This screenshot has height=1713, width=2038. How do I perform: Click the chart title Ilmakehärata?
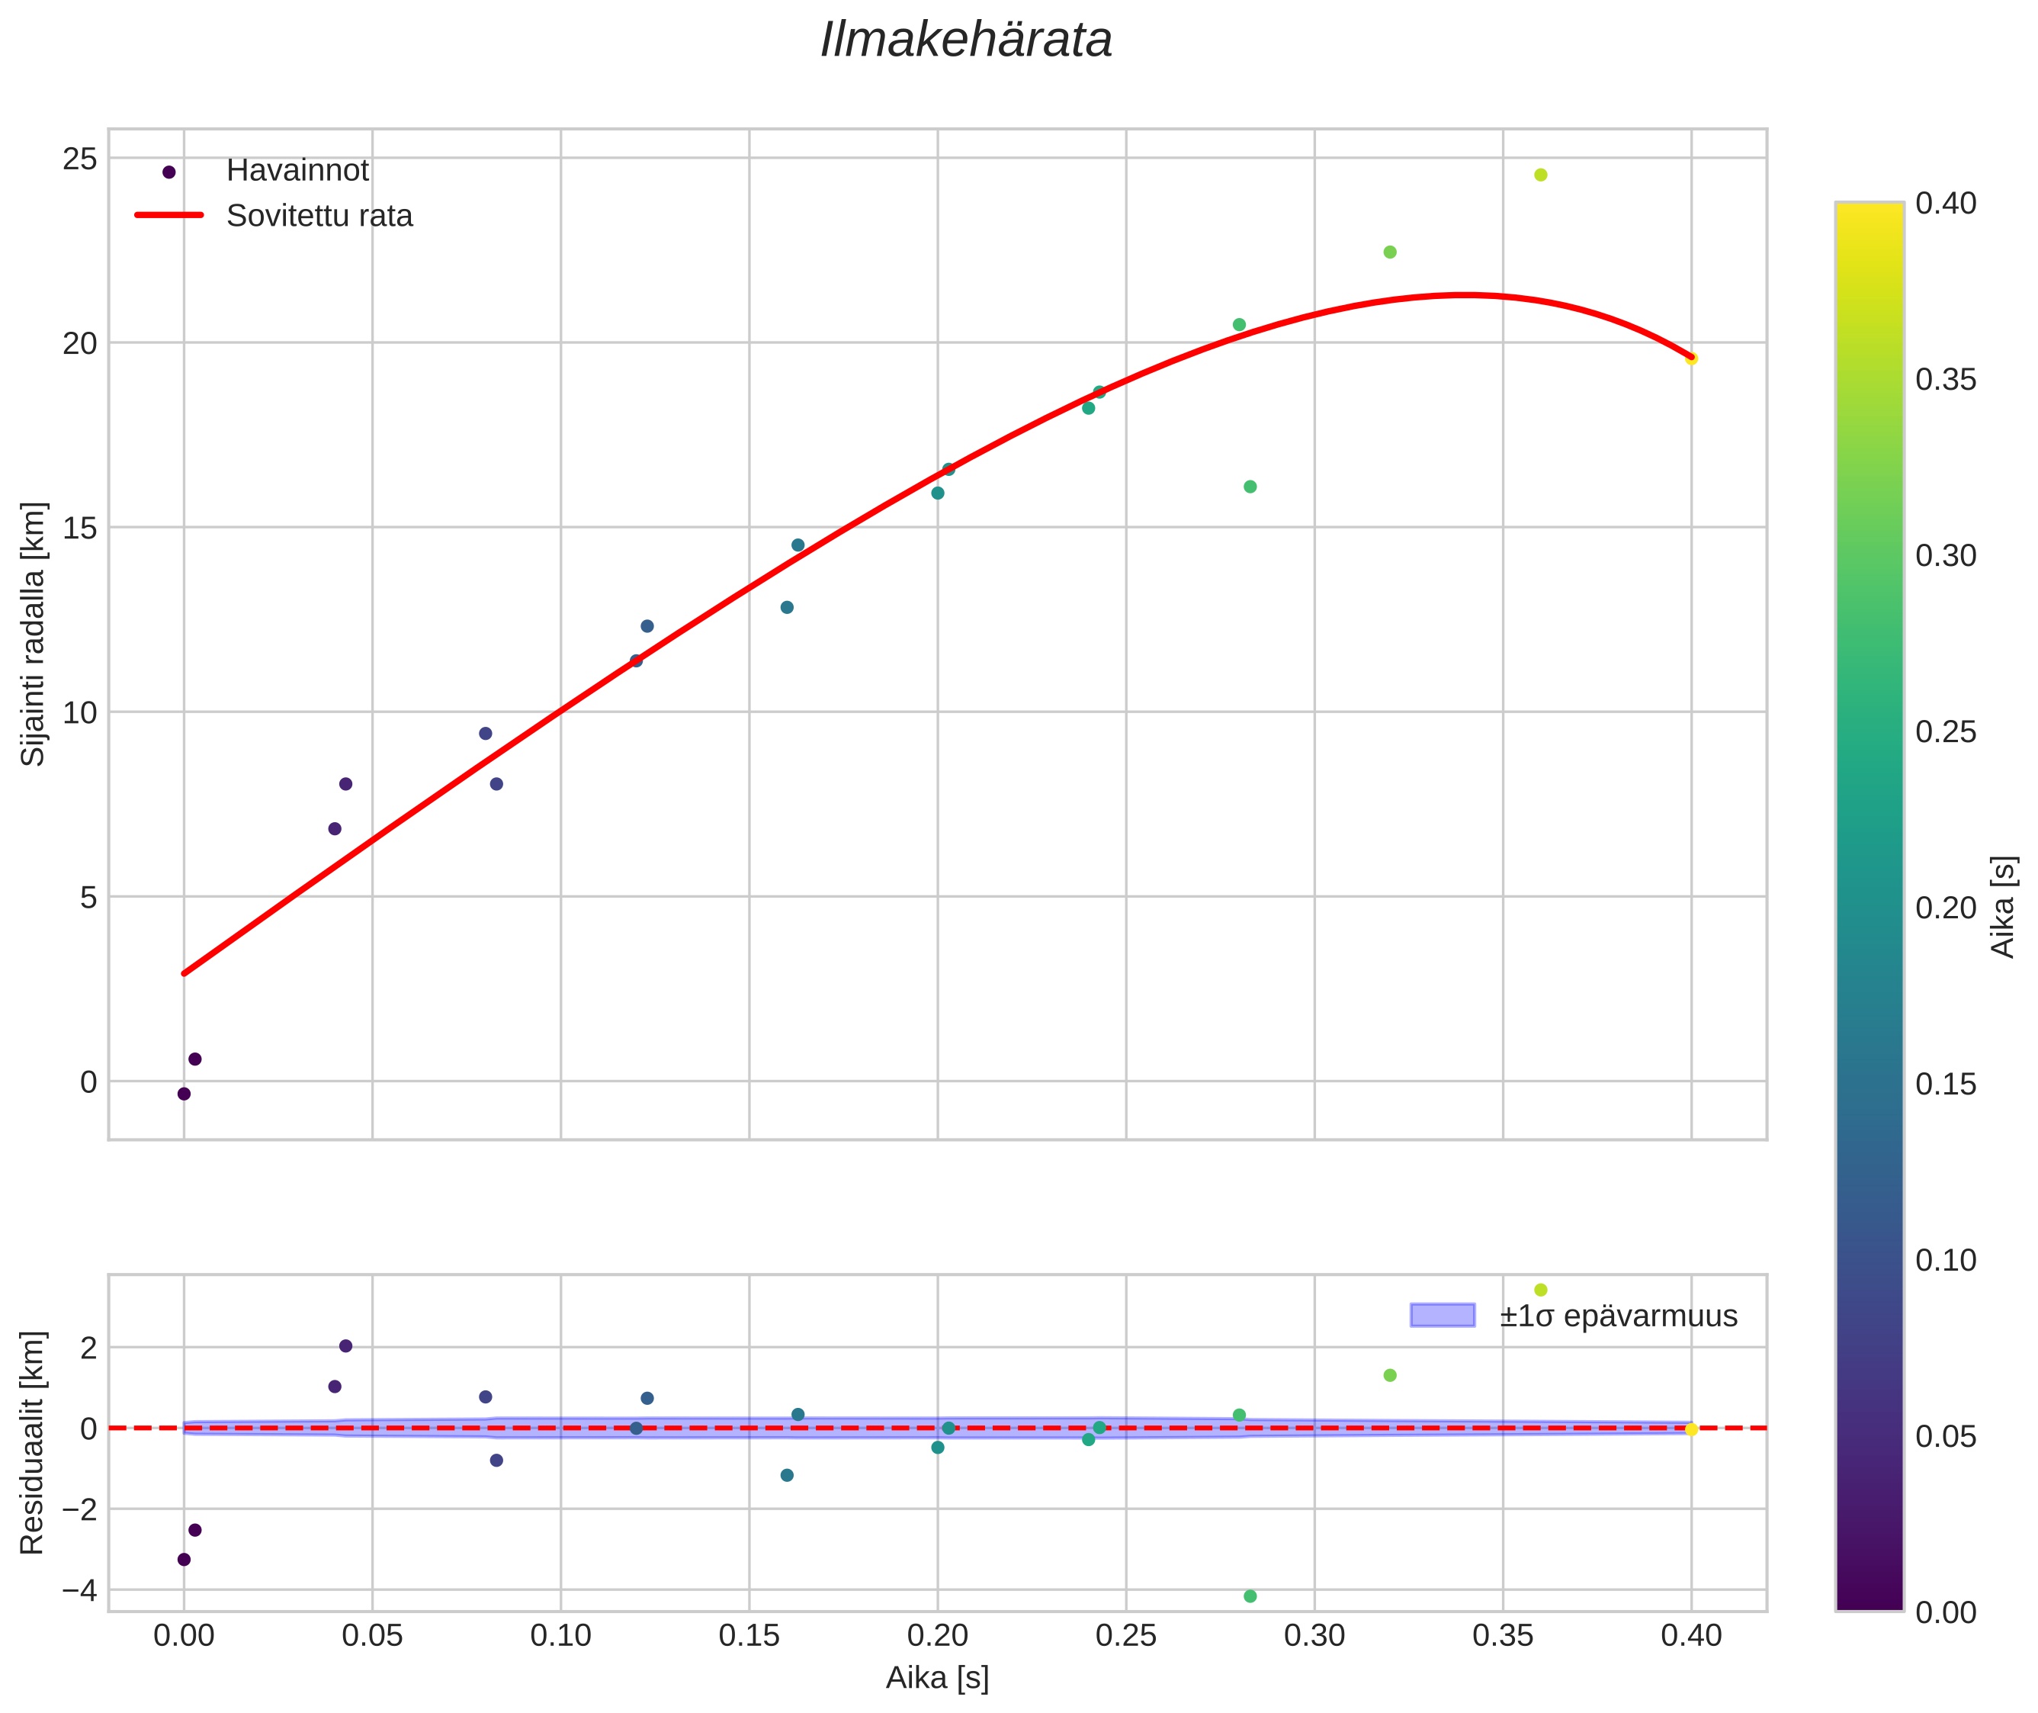pyautogui.click(x=965, y=40)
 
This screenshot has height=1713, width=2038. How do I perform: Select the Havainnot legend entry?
pyautogui.click(x=297, y=171)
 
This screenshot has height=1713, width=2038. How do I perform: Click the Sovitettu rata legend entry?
pyautogui.click(x=319, y=216)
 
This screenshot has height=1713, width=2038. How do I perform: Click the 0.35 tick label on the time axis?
pyautogui.click(x=1502, y=1636)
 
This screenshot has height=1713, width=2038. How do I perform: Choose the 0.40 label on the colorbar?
pyautogui.click(x=1946, y=203)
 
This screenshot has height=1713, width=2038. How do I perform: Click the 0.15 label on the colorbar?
pyautogui.click(x=1946, y=1085)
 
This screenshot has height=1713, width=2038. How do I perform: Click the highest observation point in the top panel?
pyautogui.click(x=1540, y=175)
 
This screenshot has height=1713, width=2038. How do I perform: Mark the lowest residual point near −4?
pyautogui.click(x=1250, y=1596)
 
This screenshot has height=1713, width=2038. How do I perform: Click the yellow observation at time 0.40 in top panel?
pyautogui.click(x=1691, y=358)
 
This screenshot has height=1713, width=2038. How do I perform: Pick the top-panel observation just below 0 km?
pyautogui.click(x=184, y=1094)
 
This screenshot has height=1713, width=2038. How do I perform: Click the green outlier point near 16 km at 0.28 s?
pyautogui.click(x=1250, y=487)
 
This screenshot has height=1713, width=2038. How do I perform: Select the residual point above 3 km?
pyautogui.click(x=1540, y=1290)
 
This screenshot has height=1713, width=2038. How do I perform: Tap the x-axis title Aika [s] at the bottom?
pyautogui.click(x=937, y=1678)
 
